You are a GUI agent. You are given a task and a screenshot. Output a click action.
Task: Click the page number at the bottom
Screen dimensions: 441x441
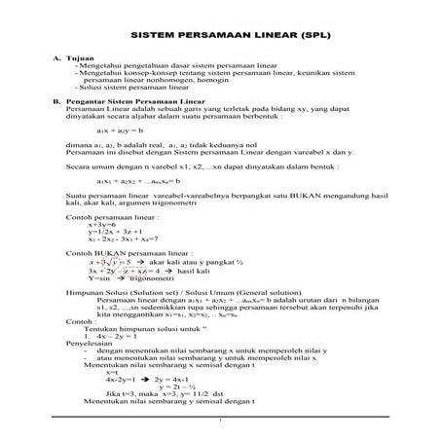(x=220, y=421)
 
